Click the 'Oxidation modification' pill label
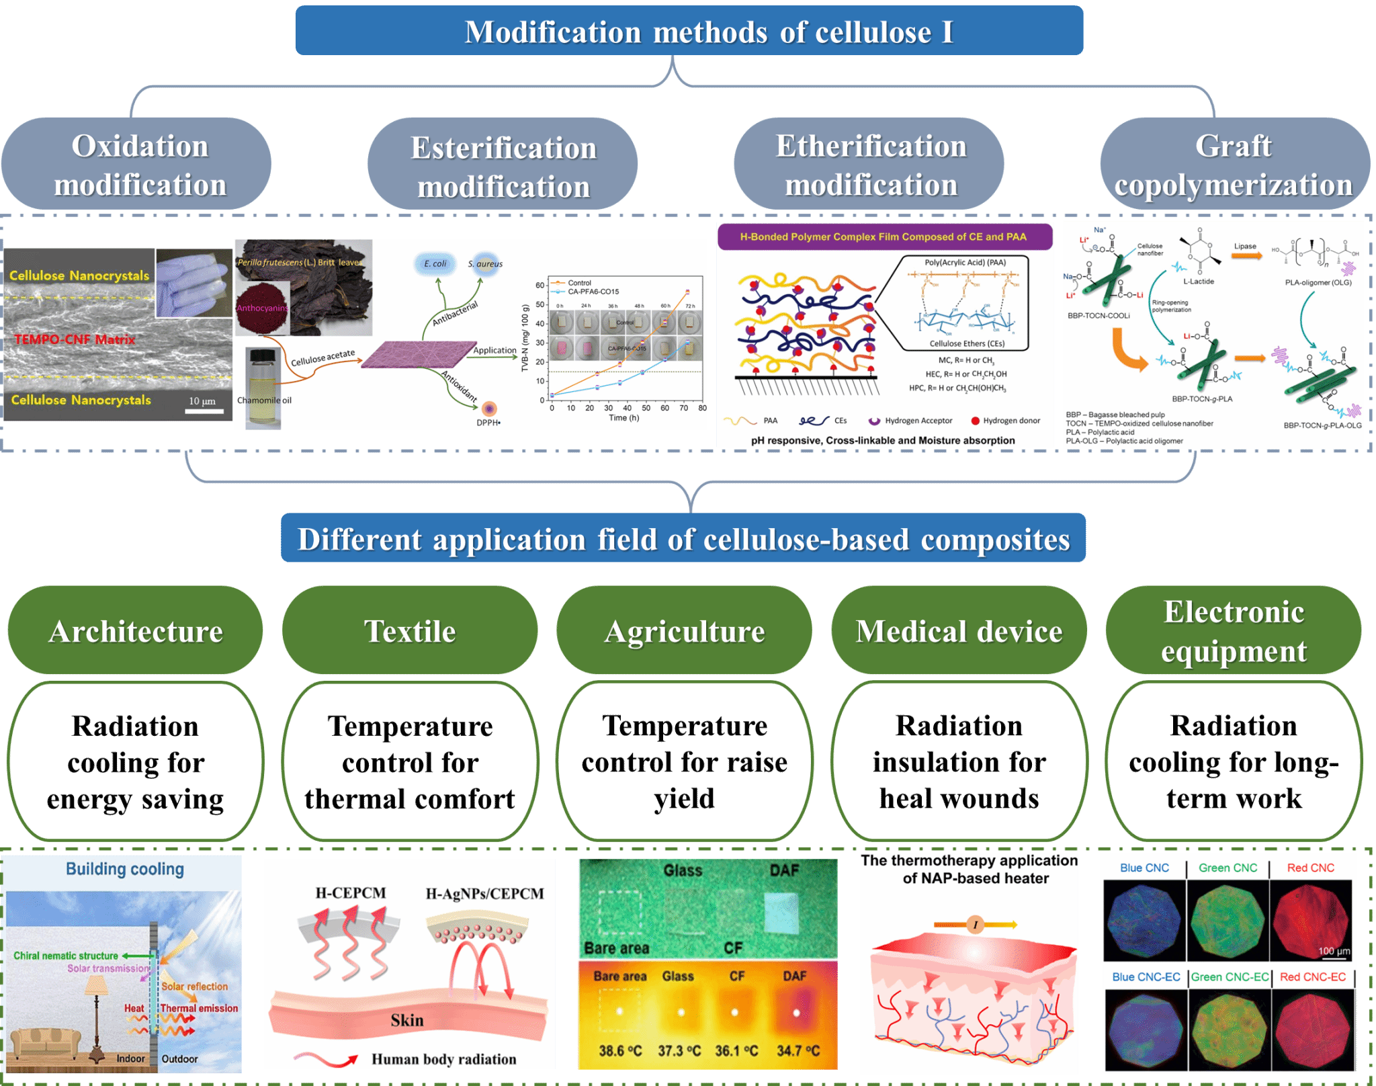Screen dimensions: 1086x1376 click(x=139, y=165)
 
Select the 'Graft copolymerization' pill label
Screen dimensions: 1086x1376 click(x=1234, y=165)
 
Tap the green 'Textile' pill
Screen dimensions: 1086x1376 click(x=410, y=631)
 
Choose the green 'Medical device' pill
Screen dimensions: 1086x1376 click(x=959, y=631)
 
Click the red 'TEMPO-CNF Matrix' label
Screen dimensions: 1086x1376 click(x=75, y=339)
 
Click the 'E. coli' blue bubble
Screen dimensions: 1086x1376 click(x=435, y=263)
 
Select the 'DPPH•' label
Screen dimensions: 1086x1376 click(x=488, y=423)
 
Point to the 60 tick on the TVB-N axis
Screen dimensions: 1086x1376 click(x=540, y=286)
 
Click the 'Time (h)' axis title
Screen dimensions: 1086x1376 click(x=623, y=418)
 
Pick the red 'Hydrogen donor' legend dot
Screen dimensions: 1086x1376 click(x=975, y=421)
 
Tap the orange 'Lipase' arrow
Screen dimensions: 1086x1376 click(x=1246, y=256)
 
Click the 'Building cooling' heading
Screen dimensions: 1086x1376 click(x=124, y=869)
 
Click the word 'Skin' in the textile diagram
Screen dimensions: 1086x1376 click(x=407, y=1020)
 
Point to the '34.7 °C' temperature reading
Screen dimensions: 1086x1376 click(x=798, y=1050)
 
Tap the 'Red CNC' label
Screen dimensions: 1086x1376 click(x=1310, y=868)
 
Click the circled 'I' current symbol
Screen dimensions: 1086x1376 click(x=975, y=925)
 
